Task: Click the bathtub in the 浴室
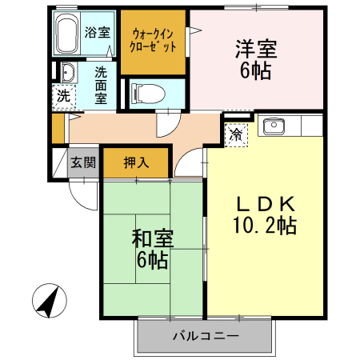[x=67, y=33]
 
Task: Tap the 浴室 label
[x=98, y=32]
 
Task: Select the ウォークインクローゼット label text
[x=153, y=41]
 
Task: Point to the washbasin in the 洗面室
[x=69, y=73]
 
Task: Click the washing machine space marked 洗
[x=64, y=96]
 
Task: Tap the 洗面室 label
[x=101, y=86]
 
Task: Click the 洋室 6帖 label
[x=256, y=60]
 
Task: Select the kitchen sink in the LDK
[x=274, y=126]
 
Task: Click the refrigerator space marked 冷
[x=236, y=134]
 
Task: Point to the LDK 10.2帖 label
[x=265, y=215]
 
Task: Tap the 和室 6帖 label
[x=153, y=249]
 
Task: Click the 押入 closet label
[x=136, y=162]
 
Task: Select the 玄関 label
[x=83, y=162]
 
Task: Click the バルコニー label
[x=206, y=336]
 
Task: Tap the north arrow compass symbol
[x=50, y=301]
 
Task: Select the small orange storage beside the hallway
[x=58, y=129]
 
